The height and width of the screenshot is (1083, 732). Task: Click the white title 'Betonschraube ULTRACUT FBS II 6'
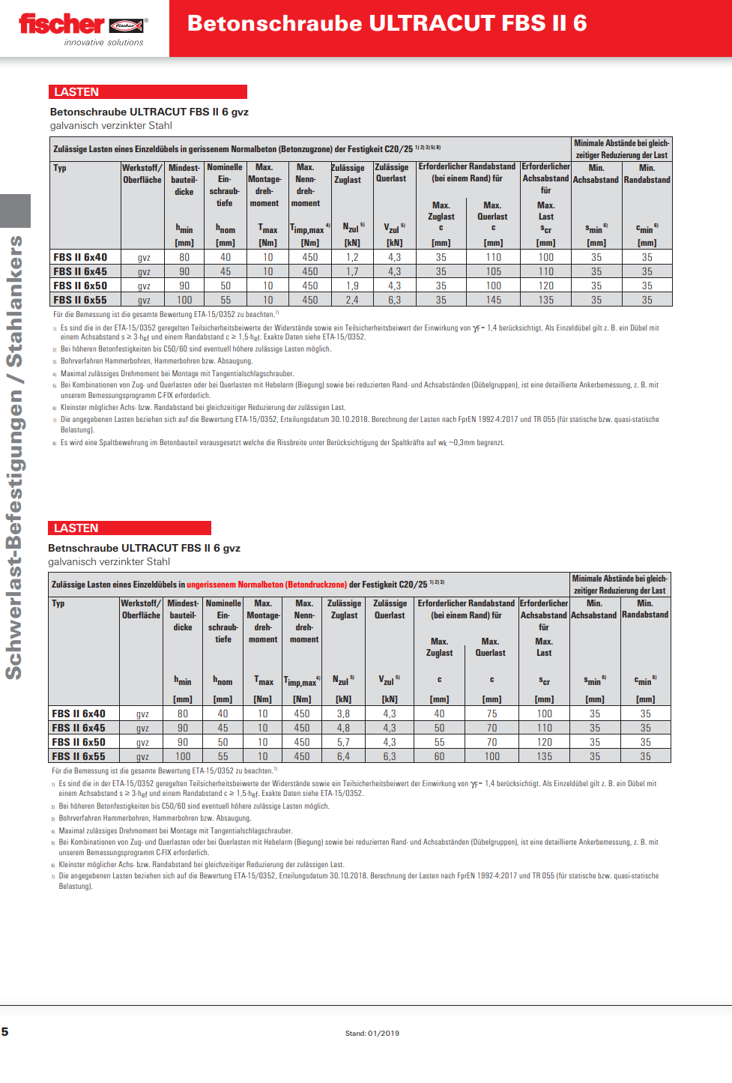387,24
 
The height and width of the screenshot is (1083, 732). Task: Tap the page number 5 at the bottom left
5,1031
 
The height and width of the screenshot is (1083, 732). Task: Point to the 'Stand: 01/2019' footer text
372,1033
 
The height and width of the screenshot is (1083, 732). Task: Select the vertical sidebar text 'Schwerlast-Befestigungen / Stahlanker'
14,457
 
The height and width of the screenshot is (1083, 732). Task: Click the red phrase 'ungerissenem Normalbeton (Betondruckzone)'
267,585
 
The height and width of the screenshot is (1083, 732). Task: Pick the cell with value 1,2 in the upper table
351,257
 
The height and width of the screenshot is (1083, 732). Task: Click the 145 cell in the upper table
493,300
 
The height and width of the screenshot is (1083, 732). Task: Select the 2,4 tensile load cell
351,300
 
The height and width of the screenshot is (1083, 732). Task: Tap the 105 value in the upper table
493,271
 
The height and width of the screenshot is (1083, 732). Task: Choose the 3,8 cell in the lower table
343,714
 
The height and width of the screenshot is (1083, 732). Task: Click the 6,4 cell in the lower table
343,756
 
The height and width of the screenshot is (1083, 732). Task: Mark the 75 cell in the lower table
491,714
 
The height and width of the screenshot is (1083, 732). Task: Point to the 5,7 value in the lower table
343,742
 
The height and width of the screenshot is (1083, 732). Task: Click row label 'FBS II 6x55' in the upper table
80,300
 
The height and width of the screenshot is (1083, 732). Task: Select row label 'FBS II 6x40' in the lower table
79,714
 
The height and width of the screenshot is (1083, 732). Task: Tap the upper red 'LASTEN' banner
148,91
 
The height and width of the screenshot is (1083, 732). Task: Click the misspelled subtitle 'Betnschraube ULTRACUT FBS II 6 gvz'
144,548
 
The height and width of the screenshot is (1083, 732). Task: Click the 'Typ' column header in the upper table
60,168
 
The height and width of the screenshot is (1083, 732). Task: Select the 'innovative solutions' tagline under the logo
103,43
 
